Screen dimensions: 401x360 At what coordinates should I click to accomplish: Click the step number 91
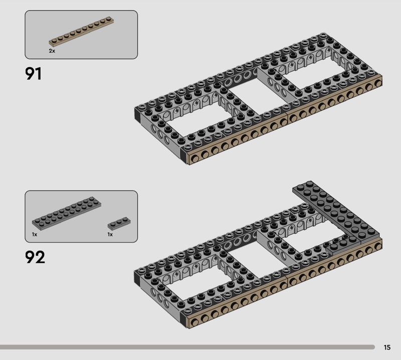[33, 74]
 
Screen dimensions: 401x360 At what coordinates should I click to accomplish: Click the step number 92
[35, 257]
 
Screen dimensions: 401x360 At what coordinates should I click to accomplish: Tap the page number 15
[387, 347]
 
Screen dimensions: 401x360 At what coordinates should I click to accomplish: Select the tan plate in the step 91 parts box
[81, 31]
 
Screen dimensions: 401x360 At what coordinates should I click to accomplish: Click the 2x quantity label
[52, 51]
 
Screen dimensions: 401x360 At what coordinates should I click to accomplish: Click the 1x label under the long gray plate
[35, 234]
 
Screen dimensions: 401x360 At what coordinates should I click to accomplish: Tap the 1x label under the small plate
[110, 234]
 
